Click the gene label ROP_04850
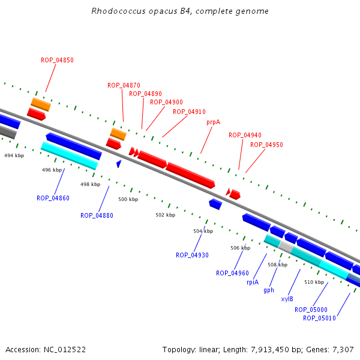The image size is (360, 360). (x=58, y=60)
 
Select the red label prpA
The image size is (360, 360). (x=213, y=122)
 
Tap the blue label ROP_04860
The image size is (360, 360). (x=53, y=198)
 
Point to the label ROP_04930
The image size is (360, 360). (x=192, y=255)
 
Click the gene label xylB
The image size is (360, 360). (x=287, y=299)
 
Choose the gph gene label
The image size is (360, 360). (x=269, y=290)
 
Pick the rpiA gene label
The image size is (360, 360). (x=252, y=282)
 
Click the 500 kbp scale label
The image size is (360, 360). (x=128, y=199)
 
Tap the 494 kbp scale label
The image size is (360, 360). (x=14, y=155)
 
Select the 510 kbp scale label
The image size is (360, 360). (x=314, y=282)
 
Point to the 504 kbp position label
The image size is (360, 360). (x=203, y=231)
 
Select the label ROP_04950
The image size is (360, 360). (x=266, y=145)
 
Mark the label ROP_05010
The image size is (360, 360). (x=319, y=318)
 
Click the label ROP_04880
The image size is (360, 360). (x=97, y=215)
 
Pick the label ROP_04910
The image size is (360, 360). (x=189, y=112)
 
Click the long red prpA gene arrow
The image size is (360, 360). (x=190, y=174)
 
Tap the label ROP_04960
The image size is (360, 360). (x=232, y=273)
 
